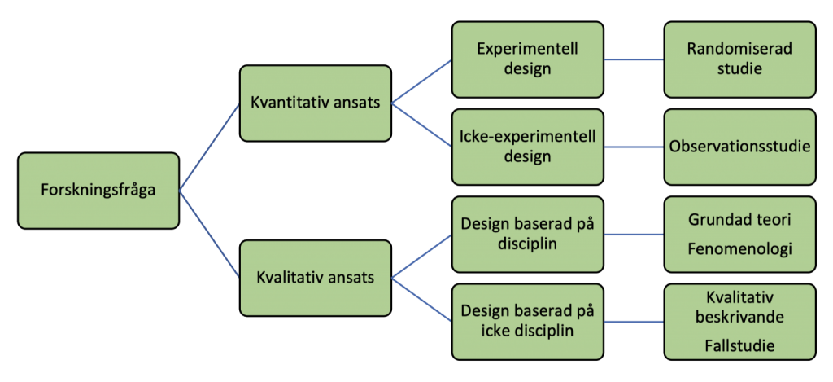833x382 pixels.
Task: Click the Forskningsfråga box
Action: pyautogui.click(x=98, y=190)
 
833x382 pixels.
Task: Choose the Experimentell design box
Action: pyautogui.click(x=527, y=59)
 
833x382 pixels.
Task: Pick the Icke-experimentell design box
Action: pyautogui.click(x=527, y=147)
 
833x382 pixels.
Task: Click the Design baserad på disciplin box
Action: pyautogui.click(x=527, y=235)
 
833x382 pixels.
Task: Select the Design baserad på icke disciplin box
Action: pyautogui.click(x=527, y=321)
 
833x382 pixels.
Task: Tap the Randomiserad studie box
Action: pyautogui.click(x=739, y=59)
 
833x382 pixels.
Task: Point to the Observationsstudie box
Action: pyautogui.click(x=739, y=147)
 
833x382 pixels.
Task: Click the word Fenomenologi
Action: pyautogui.click(x=739, y=249)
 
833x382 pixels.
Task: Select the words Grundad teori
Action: pyautogui.click(x=739, y=220)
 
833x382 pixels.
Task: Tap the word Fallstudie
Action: pyautogui.click(x=739, y=345)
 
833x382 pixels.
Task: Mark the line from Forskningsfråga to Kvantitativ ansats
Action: pyautogui.click(x=208, y=147)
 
